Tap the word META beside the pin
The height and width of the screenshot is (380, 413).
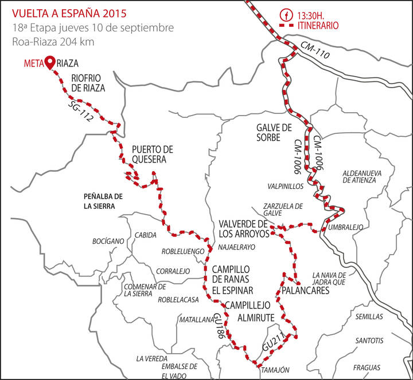[33, 64]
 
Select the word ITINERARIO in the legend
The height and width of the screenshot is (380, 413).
[316, 26]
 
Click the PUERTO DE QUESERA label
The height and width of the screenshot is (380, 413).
[149, 155]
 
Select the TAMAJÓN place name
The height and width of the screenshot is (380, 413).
[276, 370]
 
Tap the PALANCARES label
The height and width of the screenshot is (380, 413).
[306, 291]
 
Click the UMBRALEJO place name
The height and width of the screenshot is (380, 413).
[346, 227]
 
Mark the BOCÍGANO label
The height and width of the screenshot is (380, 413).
[108, 242]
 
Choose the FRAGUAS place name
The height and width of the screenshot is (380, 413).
[368, 367]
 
